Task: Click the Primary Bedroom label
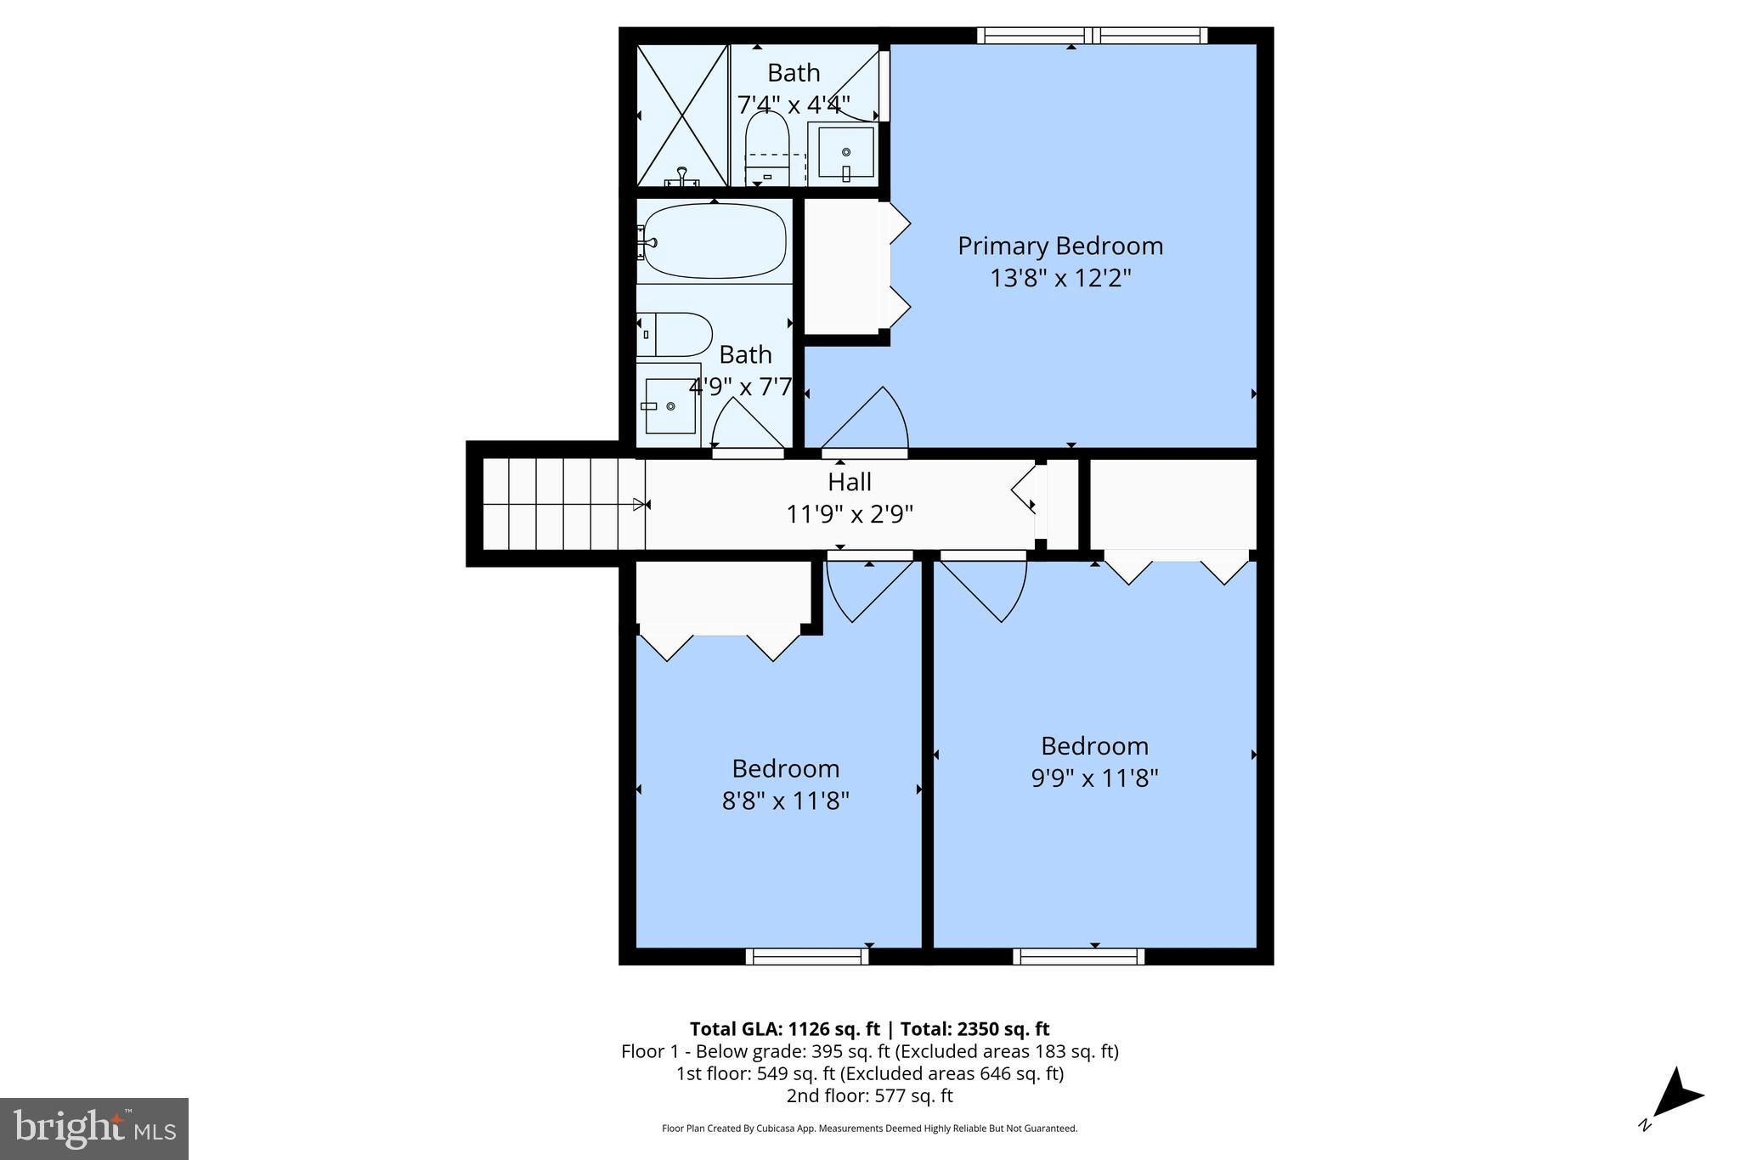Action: pyautogui.click(x=1060, y=246)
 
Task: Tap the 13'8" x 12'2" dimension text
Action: pyautogui.click(x=1060, y=278)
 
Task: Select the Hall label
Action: pyautogui.click(x=849, y=482)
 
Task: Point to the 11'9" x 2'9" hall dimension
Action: pyautogui.click(x=849, y=514)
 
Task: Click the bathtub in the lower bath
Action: pyautogui.click(x=714, y=241)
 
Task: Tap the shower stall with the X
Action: pyautogui.click(x=682, y=115)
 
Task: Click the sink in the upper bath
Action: pyautogui.click(x=845, y=153)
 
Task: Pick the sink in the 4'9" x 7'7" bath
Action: pyautogui.click(x=670, y=405)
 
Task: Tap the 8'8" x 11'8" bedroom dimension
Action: pyautogui.click(x=785, y=801)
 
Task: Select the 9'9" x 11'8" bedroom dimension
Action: pyautogui.click(x=1094, y=778)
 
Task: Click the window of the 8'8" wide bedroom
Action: pyautogui.click(x=807, y=956)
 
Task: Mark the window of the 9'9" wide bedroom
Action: pyautogui.click(x=1078, y=956)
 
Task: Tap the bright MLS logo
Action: pyautogui.click(x=94, y=1129)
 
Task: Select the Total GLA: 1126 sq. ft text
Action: pyautogui.click(x=784, y=1029)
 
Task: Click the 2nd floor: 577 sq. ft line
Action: pyautogui.click(x=869, y=1095)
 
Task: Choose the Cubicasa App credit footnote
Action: pyautogui.click(x=869, y=1129)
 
